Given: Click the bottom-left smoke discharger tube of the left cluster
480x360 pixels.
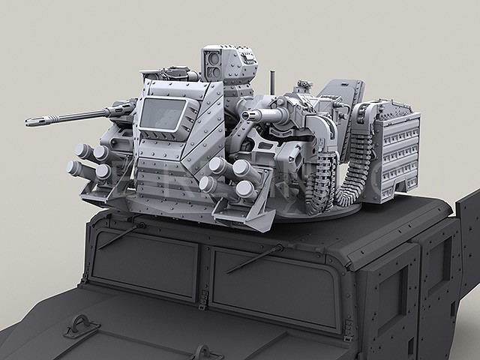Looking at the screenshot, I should pos(75,169).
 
